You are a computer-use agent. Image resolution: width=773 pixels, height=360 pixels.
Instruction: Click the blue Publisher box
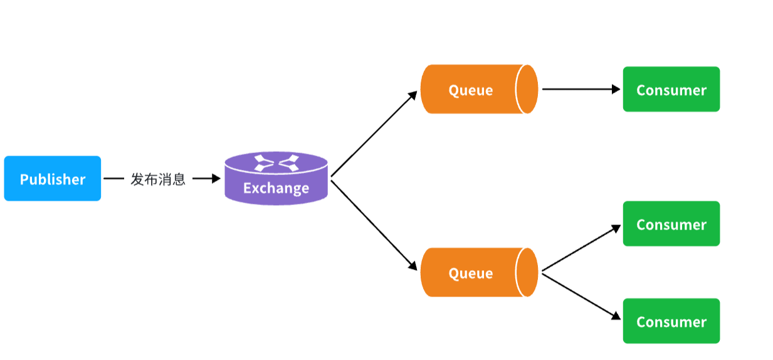(53, 179)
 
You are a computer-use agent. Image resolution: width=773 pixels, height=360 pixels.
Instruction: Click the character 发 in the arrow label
(137, 179)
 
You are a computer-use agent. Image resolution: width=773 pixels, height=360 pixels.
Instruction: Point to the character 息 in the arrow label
(179, 179)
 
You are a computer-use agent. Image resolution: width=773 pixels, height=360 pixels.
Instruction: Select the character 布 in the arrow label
(151, 179)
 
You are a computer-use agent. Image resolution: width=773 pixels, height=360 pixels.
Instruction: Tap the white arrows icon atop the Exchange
(276, 164)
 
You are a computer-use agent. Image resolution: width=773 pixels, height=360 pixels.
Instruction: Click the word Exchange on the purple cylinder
(276, 188)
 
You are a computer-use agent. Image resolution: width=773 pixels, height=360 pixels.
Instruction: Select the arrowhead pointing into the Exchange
(216, 179)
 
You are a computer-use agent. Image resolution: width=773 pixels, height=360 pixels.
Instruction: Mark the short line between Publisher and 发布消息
(113, 179)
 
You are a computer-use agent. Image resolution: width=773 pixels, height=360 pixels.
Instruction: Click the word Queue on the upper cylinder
(470, 90)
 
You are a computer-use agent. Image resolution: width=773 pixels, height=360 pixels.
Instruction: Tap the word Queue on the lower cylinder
(470, 273)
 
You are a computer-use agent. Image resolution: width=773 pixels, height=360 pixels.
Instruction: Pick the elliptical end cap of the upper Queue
(527, 89)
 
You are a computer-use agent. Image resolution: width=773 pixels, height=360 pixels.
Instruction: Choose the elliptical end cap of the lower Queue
(527, 272)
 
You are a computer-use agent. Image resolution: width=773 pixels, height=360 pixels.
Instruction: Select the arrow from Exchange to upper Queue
(374, 134)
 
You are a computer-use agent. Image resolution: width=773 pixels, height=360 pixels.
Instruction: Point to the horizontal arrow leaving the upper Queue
(581, 89)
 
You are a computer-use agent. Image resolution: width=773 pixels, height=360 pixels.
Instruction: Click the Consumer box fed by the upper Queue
(671, 90)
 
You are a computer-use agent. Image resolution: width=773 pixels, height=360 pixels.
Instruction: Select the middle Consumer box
(671, 224)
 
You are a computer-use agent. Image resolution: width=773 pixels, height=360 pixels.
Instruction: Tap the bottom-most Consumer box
(671, 321)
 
